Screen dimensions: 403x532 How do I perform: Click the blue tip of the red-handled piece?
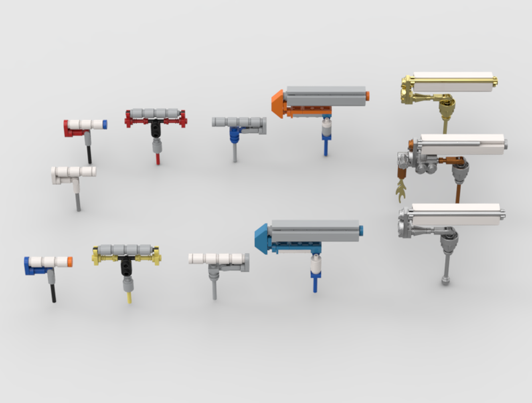click(x=104, y=125)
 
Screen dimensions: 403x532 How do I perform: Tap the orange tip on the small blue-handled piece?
click(x=70, y=262)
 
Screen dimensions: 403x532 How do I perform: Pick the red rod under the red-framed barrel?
click(x=157, y=158)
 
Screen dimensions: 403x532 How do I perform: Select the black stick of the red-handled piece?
click(x=89, y=154)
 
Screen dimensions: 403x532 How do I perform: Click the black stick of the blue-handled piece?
click(x=53, y=293)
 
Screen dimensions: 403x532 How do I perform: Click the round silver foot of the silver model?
click(x=445, y=280)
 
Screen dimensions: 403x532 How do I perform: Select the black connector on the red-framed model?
click(x=155, y=127)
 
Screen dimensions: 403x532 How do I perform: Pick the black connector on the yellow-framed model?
click(x=126, y=265)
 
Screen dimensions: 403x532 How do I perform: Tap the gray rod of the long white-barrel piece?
click(x=214, y=287)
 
